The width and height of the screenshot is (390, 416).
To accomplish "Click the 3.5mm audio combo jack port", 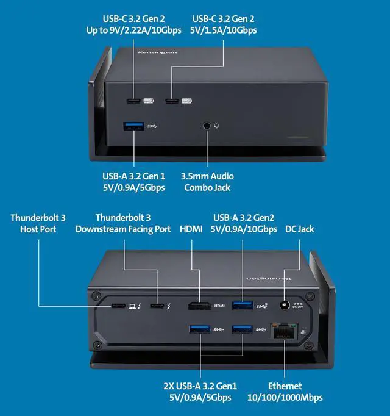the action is (207, 126).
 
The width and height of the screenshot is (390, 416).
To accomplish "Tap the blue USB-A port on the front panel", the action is (133, 126).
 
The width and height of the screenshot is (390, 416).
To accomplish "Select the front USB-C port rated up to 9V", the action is (133, 101).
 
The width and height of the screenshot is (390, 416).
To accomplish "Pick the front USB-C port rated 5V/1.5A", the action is (172, 101).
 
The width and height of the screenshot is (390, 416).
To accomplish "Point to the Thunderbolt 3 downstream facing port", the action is (157, 306).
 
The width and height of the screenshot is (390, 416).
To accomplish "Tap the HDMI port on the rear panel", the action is (196, 306).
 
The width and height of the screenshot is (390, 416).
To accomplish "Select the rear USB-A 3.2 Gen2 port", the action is (241, 305).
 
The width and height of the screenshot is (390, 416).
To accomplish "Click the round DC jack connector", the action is (283, 305).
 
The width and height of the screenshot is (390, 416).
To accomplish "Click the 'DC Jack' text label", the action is (300, 229).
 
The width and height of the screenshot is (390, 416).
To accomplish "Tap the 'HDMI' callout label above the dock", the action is (191, 229).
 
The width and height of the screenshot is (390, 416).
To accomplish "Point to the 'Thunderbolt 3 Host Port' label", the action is (38, 223).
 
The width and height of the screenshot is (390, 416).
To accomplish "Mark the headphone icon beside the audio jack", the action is (216, 126).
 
